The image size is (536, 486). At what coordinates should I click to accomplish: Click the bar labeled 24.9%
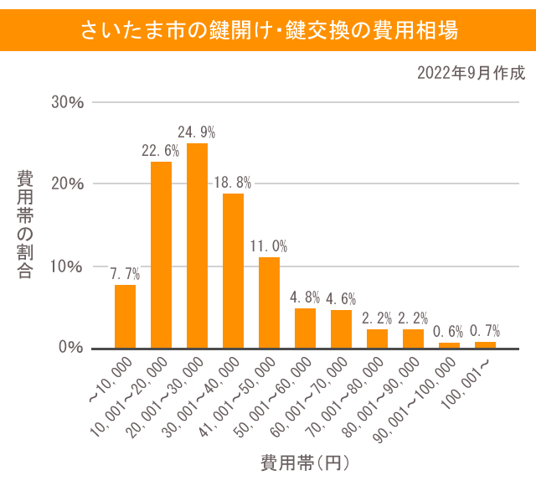tap(197, 246)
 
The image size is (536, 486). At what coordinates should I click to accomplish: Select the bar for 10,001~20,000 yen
tap(161, 255)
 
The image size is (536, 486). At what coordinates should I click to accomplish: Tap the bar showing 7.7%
tap(125, 316)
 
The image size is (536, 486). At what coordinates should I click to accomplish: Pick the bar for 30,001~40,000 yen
tap(233, 271)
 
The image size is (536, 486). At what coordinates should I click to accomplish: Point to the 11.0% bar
tap(269, 302)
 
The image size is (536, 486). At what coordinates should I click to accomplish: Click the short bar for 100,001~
tap(485, 344)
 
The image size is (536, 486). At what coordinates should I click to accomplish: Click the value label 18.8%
tap(233, 183)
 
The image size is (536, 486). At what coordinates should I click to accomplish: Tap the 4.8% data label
tap(305, 297)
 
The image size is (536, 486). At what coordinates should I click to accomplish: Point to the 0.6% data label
tap(449, 332)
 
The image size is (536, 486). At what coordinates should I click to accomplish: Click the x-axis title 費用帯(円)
tap(303, 462)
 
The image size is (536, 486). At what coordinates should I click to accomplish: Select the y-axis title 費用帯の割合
tap(26, 225)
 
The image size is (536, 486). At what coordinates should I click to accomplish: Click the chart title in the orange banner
tap(268, 31)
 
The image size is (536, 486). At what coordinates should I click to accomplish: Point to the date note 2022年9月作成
tap(471, 74)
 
